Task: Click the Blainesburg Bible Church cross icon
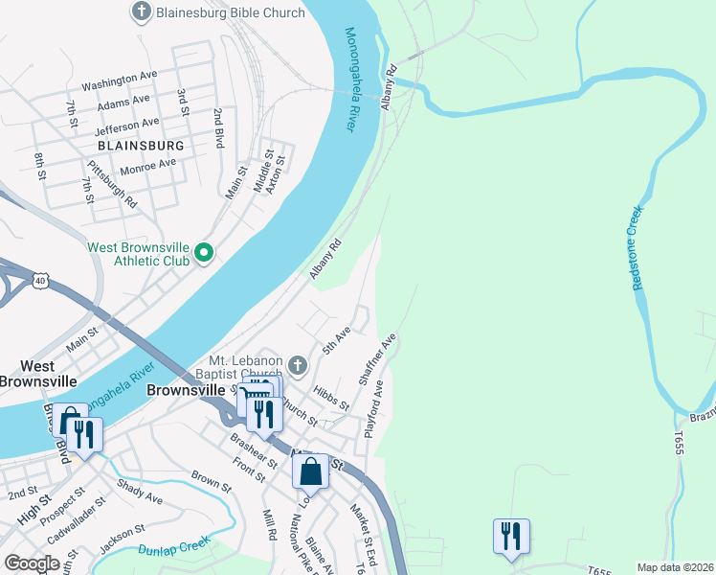tap(141, 12)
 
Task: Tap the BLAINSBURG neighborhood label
tap(140, 145)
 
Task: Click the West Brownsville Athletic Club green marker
tap(204, 253)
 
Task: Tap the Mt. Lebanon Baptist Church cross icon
tap(298, 364)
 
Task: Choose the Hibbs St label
tap(331, 399)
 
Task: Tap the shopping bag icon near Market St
tap(310, 471)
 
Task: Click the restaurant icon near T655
tap(511, 536)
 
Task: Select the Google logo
tap(32, 563)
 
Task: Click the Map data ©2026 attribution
tap(674, 567)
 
